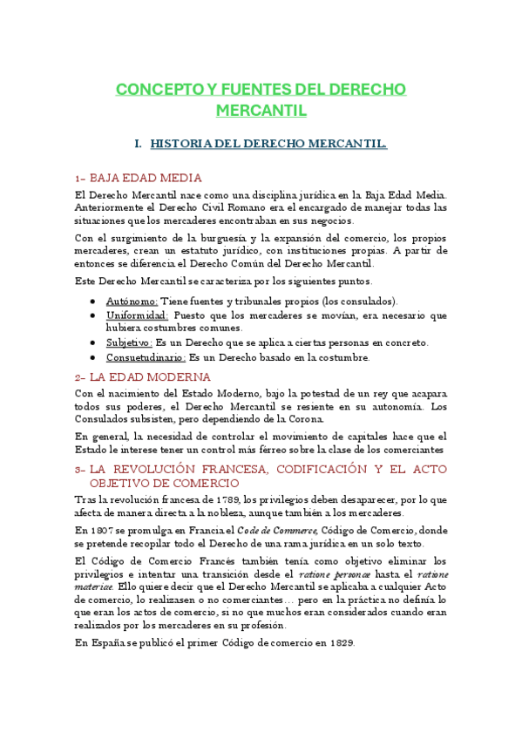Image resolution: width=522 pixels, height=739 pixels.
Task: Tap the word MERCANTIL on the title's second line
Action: click(261, 111)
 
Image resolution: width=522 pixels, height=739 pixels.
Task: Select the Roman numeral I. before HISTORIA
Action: click(137, 143)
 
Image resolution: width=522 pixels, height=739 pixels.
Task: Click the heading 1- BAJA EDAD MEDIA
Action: click(139, 177)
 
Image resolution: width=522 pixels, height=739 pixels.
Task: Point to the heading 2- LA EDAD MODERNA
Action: click(143, 377)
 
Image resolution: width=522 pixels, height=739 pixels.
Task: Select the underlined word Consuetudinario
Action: click(146, 357)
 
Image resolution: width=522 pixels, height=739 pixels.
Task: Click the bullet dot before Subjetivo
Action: click(93, 343)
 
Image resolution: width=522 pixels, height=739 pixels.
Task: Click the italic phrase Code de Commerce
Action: click(279, 530)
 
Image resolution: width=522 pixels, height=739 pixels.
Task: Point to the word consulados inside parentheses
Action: click(364, 301)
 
